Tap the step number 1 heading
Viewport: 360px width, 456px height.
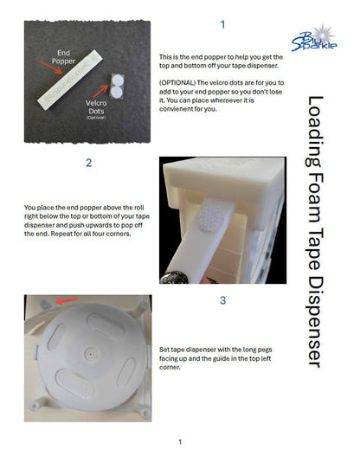(222, 24)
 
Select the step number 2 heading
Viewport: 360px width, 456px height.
(88, 163)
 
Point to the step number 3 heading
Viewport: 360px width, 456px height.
(222, 300)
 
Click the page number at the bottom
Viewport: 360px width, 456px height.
(180, 442)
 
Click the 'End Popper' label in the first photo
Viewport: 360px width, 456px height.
(63, 57)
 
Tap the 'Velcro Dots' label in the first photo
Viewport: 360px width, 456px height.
(96, 107)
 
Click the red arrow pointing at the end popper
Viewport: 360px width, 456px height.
(51, 67)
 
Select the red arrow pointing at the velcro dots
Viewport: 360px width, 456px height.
(100, 91)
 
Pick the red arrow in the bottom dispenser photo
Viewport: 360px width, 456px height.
(67, 300)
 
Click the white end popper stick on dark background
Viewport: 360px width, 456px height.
(70, 80)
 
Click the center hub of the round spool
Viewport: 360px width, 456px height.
(91, 354)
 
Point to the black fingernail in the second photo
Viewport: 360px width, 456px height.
(174, 277)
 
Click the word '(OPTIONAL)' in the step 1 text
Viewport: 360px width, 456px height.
(177, 83)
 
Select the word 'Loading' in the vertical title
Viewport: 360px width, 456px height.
(315, 132)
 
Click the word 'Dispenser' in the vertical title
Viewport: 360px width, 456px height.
(315, 321)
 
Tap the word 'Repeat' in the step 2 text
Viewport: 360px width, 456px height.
(61, 234)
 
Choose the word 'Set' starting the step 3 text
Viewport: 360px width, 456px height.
(164, 350)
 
